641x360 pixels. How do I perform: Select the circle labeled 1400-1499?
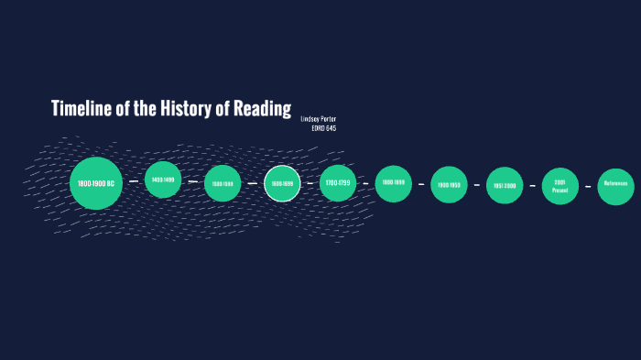pyautogui.click(x=163, y=180)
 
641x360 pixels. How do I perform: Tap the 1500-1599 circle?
pyautogui.click(x=223, y=183)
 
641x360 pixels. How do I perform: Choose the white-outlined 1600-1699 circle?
pyautogui.click(x=282, y=184)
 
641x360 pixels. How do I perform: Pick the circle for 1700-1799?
pyautogui.click(x=338, y=183)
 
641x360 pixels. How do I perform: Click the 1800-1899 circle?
pyautogui.click(x=393, y=183)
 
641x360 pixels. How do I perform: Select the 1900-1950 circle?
pyautogui.click(x=449, y=184)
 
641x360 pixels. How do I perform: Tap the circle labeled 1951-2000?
pyautogui.click(x=505, y=185)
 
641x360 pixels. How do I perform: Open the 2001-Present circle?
pyautogui.click(x=560, y=185)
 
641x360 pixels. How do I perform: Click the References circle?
pyautogui.click(x=615, y=185)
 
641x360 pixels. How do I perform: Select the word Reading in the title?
pyautogui.click(x=265, y=108)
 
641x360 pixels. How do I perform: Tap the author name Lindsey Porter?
pyautogui.click(x=318, y=119)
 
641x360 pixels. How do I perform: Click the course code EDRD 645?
pyautogui.click(x=324, y=128)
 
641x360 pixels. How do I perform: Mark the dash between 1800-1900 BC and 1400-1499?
pyautogui.click(x=134, y=181)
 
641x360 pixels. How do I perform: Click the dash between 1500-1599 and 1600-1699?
pyautogui.click(x=253, y=183)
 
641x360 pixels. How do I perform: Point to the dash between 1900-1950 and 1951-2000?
pyautogui.click(x=477, y=185)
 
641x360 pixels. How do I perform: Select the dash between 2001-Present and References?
pyautogui.click(x=588, y=185)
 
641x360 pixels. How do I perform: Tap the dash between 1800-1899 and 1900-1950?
pyautogui.click(x=421, y=184)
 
